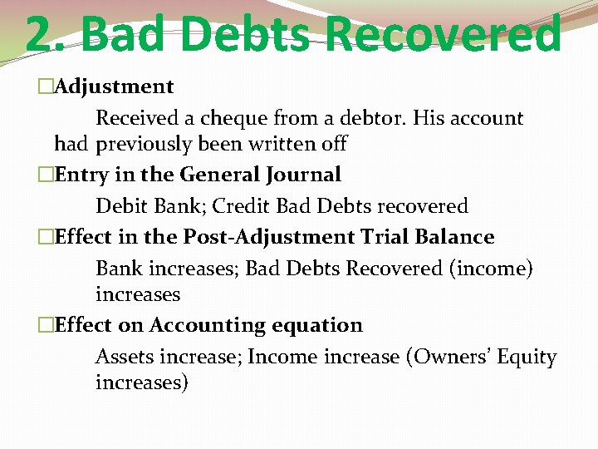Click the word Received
135,118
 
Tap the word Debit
119,205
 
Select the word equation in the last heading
319,325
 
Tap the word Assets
124,357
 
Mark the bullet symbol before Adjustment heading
46,86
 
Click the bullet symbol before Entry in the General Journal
46,175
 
